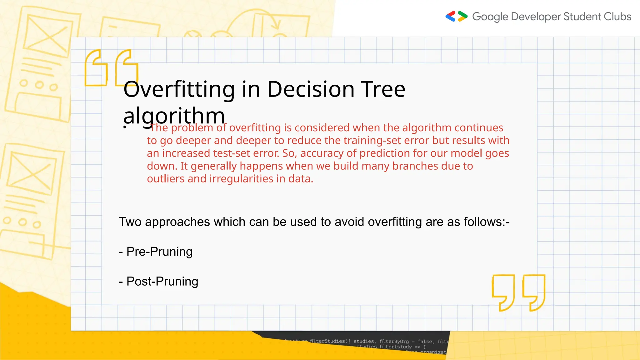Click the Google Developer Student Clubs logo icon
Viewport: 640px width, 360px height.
(456, 16)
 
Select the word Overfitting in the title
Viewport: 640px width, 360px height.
(179, 89)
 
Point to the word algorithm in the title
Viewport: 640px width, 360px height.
(174, 116)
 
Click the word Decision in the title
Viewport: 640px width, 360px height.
(311, 89)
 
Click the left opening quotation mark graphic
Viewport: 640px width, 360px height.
(96, 68)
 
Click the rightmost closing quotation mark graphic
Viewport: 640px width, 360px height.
(534, 292)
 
